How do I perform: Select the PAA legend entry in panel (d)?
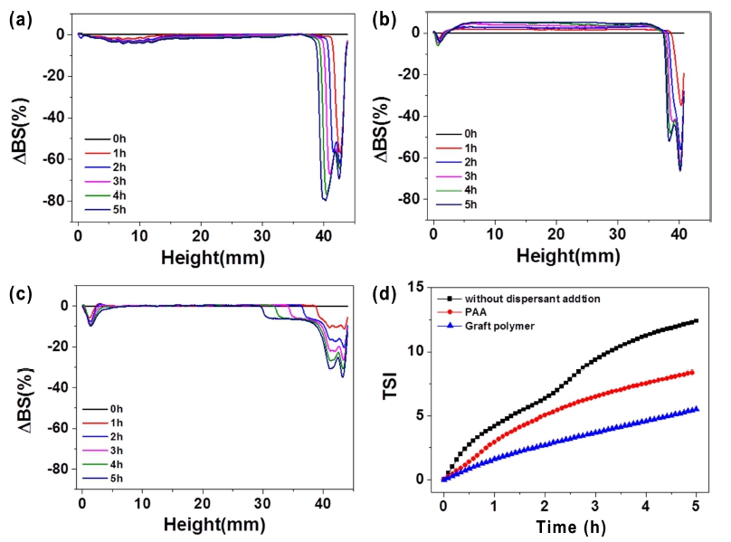[475, 313]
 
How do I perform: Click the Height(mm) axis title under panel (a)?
[213, 258]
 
